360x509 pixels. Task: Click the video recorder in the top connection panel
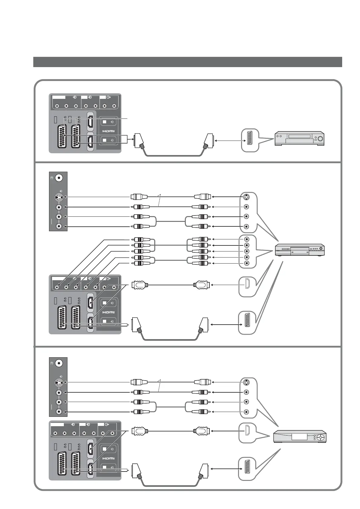299,138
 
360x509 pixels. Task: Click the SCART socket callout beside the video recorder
250,140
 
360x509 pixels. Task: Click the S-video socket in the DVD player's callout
247,197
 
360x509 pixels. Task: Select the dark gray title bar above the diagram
188,62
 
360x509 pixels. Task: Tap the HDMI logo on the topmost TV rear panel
108,131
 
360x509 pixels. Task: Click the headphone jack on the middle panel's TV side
59,178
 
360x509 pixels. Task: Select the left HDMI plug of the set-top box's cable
140,430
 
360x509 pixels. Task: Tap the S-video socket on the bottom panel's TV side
59,382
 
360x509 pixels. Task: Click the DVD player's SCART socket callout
247,323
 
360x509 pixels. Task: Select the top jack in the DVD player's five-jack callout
247,239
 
